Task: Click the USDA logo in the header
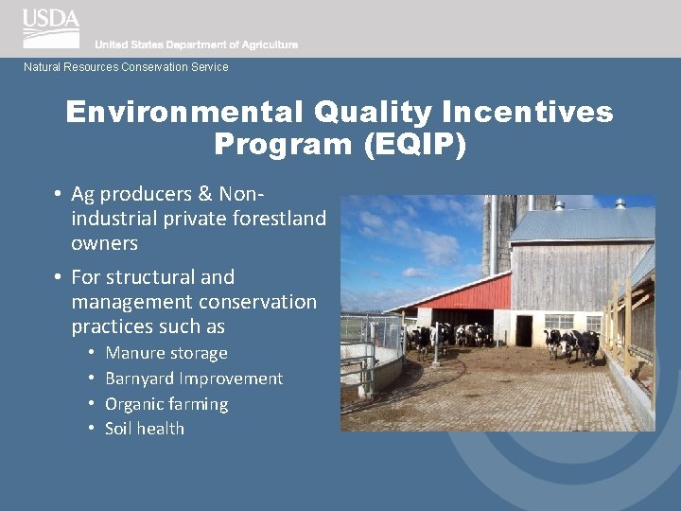[51, 27]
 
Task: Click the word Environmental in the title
[182, 113]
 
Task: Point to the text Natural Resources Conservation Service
[126, 67]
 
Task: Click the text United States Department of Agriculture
[196, 44]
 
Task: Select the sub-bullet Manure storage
[166, 353]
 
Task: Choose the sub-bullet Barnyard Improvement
[194, 379]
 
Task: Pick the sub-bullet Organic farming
[166, 404]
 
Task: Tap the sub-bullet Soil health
[145, 429]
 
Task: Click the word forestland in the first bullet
[280, 219]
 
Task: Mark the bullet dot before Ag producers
[58, 194]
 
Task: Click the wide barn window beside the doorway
[559, 322]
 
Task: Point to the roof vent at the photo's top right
[620, 203]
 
